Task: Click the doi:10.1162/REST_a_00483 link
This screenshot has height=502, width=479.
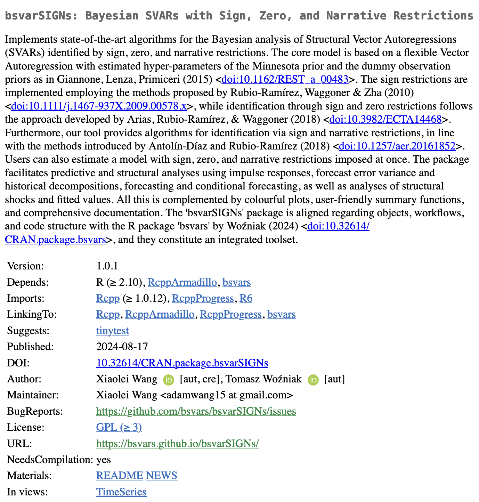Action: [x=285, y=80]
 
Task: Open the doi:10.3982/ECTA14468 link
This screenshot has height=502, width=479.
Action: [x=385, y=120]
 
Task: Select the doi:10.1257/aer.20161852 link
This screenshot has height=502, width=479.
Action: [x=397, y=146]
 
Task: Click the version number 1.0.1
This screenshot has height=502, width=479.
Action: [x=107, y=266]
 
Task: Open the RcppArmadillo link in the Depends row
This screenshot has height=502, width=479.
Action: [x=182, y=282]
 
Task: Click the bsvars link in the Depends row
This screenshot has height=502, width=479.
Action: [x=236, y=282]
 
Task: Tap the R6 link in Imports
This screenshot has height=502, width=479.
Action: [x=246, y=298]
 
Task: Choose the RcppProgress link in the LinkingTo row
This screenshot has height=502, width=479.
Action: [x=231, y=314]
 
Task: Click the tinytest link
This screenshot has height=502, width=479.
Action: [x=112, y=330]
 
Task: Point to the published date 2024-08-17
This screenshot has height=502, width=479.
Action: [x=122, y=347]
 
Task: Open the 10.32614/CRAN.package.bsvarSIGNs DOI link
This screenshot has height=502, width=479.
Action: [x=182, y=363]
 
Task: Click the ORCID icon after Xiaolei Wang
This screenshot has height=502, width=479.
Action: [x=169, y=380]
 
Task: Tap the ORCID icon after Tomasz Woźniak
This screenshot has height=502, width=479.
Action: [x=313, y=380]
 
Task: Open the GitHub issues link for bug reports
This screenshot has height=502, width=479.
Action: [x=196, y=412]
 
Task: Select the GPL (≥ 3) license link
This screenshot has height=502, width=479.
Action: [x=119, y=427]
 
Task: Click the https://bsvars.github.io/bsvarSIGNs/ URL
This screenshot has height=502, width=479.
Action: [x=177, y=444]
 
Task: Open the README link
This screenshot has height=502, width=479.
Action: [x=120, y=476]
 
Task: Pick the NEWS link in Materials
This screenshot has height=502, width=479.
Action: [x=162, y=476]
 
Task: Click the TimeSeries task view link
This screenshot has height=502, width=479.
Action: [x=121, y=492]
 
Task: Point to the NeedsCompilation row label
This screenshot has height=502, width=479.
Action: [x=50, y=460]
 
